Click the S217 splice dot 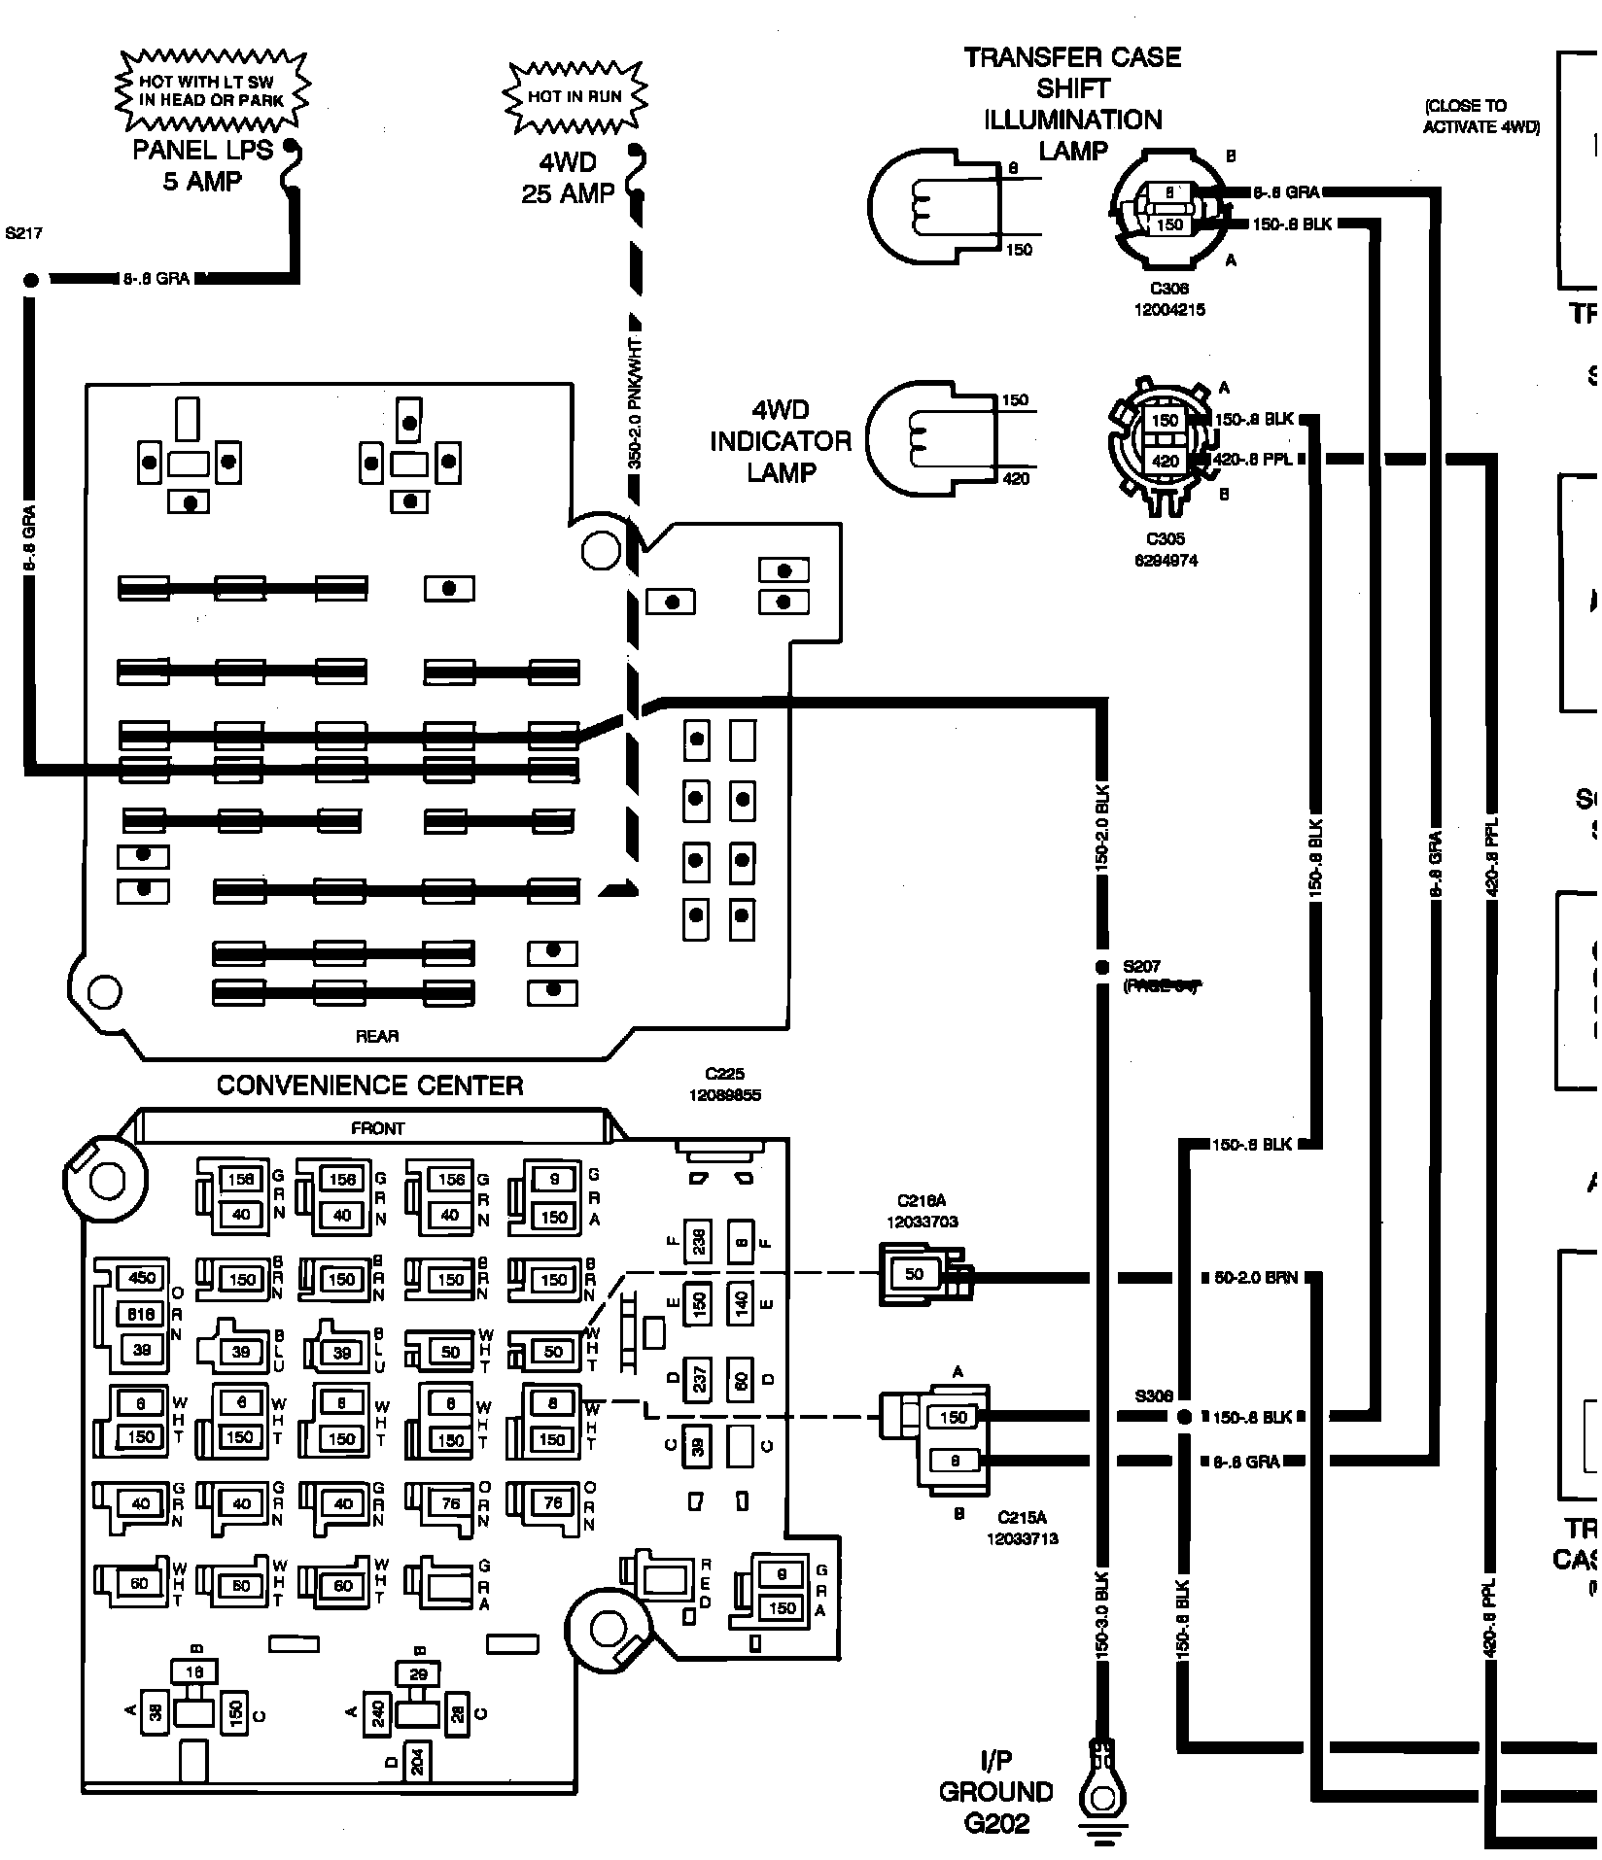tap(30, 280)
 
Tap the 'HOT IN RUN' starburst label tap(575, 96)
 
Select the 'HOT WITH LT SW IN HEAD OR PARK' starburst tap(211, 90)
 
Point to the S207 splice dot tap(1101, 967)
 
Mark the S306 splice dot tap(1183, 1417)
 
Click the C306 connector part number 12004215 tap(1167, 310)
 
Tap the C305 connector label tap(1166, 539)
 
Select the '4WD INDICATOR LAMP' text tap(780, 441)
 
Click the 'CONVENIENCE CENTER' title tap(369, 1085)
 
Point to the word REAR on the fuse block tap(377, 1037)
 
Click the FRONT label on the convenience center tap(377, 1128)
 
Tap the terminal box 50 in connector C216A tap(914, 1274)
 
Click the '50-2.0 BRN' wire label tap(1256, 1278)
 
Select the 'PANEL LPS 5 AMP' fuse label tap(203, 166)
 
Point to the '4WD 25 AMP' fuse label tap(569, 178)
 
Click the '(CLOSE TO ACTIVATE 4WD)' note tap(1480, 117)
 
